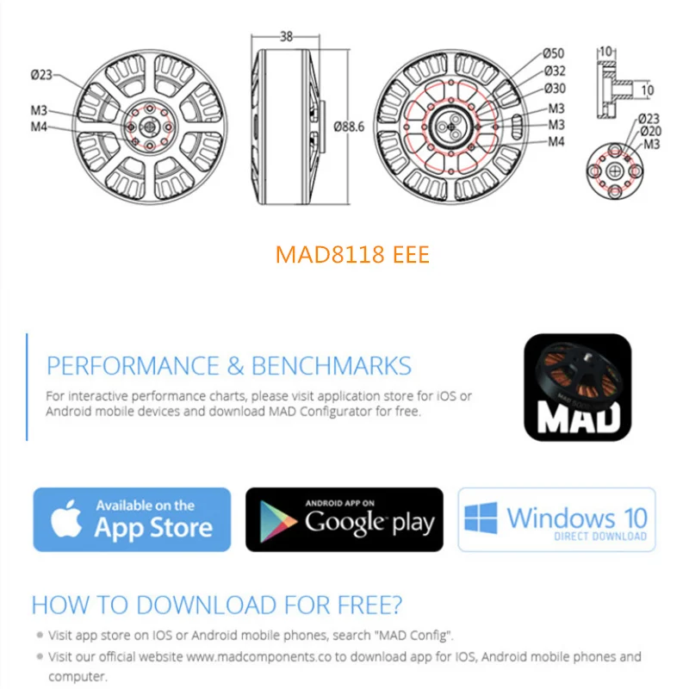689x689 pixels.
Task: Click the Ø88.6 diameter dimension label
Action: coord(350,126)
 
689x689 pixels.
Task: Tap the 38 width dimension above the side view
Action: coord(286,37)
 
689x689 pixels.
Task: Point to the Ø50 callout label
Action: coord(554,54)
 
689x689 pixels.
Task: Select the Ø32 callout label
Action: coord(554,71)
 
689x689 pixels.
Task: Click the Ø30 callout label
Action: coord(554,89)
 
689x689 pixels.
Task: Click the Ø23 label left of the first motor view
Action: coord(42,75)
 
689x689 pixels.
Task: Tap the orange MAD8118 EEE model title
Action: coord(351,256)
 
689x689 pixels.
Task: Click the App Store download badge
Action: coord(132,519)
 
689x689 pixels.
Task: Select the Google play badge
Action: coord(344,519)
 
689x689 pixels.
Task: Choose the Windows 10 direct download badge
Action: coord(556,519)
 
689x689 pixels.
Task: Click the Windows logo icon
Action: coord(481,518)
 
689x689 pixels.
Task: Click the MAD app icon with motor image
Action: coord(577,387)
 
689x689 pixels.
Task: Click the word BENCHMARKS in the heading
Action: coord(331,365)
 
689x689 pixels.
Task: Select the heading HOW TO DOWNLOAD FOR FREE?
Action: coord(216,605)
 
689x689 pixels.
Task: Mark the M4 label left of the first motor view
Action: coord(39,127)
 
